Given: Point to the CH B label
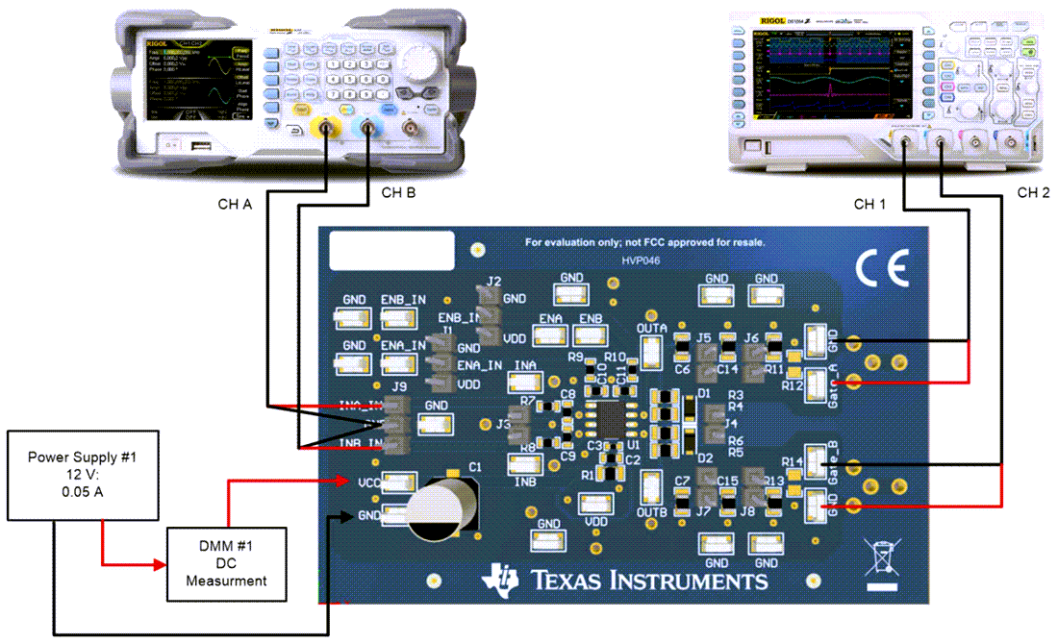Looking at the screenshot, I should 398,193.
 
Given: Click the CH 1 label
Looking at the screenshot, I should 872,204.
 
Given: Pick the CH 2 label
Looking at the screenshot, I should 1033,193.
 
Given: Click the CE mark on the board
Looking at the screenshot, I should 882,271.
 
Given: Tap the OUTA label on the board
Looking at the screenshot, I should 651,329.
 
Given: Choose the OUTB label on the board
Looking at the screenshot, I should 651,512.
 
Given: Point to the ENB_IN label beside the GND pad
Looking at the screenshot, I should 403,300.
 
